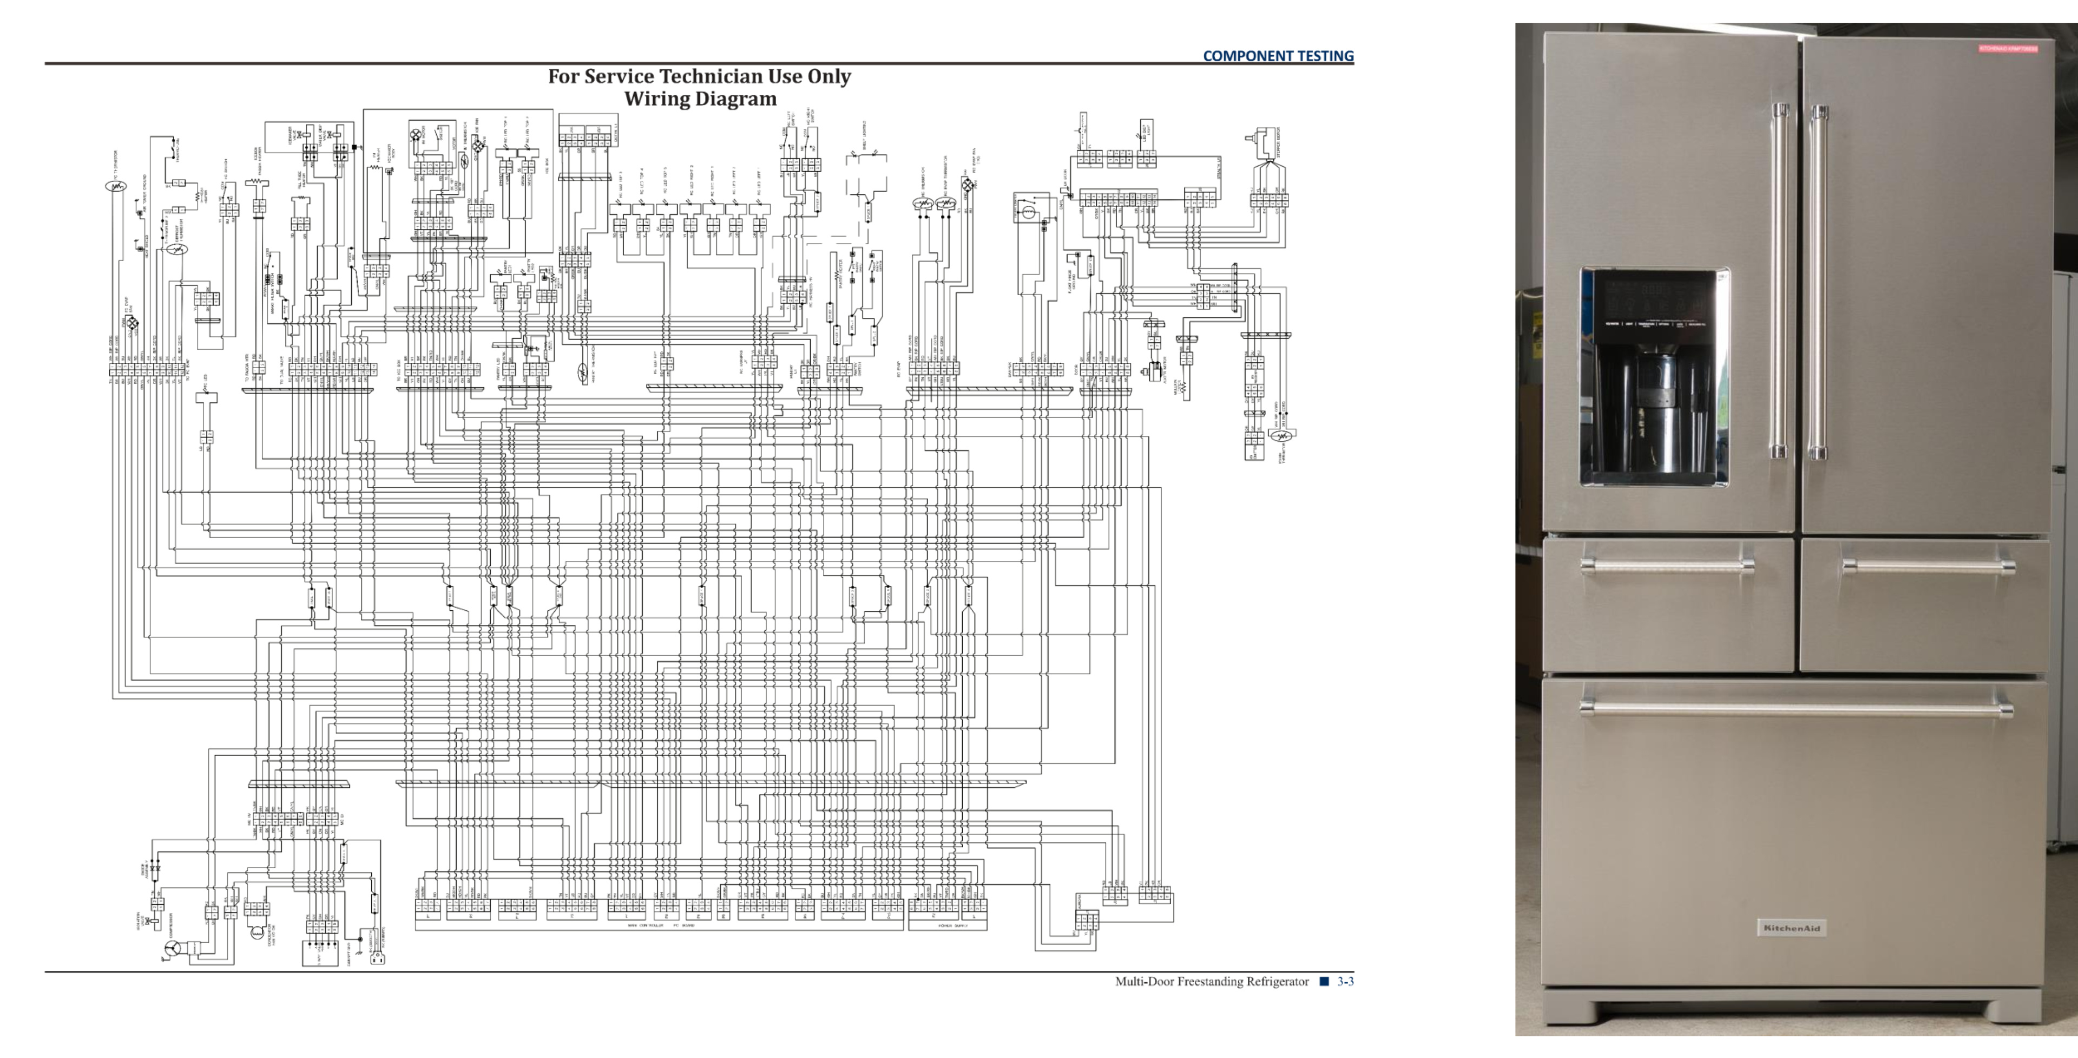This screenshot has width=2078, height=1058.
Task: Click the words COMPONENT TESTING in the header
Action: pos(1278,56)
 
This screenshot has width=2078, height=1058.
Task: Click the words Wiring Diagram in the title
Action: pos(700,99)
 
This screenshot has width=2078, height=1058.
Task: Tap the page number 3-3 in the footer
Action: pos(1345,981)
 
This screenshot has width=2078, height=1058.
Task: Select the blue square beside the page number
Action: pos(1324,981)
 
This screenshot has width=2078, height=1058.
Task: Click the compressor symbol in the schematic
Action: pos(173,948)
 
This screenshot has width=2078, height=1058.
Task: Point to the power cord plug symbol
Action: pos(376,958)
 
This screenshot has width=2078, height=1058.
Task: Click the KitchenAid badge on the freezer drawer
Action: pos(1791,928)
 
